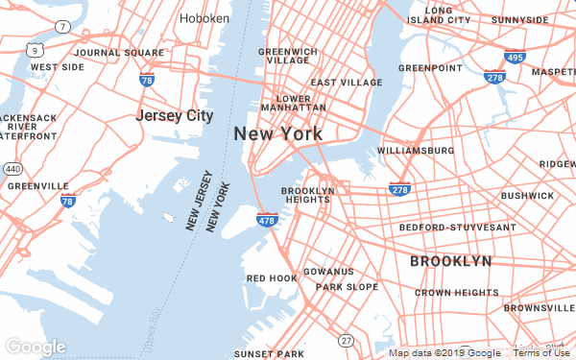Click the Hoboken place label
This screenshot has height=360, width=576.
pyautogui.click(x=204, y=18)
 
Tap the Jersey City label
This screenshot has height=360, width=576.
pyautogui.click(x=174, y=116)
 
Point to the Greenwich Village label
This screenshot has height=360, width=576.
pyautogui.click(x=288, y=55)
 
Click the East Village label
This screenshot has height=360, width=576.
pyautogui.click(x=347, y=83)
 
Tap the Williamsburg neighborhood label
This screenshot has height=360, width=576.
pyautogui.click(x=417, y=152)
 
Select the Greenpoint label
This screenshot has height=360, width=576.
pyautogui.click(x=431, y=68)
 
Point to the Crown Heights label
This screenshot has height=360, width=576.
pyautogui.click(x=457, y=292)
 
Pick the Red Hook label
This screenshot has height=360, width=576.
pyautogui.click(x=272, y=278)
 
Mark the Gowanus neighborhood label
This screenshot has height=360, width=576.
pyautogui.click(x=328, y=272)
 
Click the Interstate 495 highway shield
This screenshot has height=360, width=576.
pyautogui.click(x=515, y=59)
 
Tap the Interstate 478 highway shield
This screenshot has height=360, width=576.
pyautogui.click(x=268, y=221)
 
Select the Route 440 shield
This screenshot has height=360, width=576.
pyautogui.click(x=12, y=168)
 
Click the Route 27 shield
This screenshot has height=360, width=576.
pyautogui.click(x=345, y=341)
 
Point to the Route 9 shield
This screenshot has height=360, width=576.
pyautogui.click(x=36, y=48)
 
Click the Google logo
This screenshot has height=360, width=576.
pyautogui.click(x=36, y=347)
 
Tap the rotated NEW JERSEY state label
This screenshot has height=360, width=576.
pyautogui.click(x=200, y=202)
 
